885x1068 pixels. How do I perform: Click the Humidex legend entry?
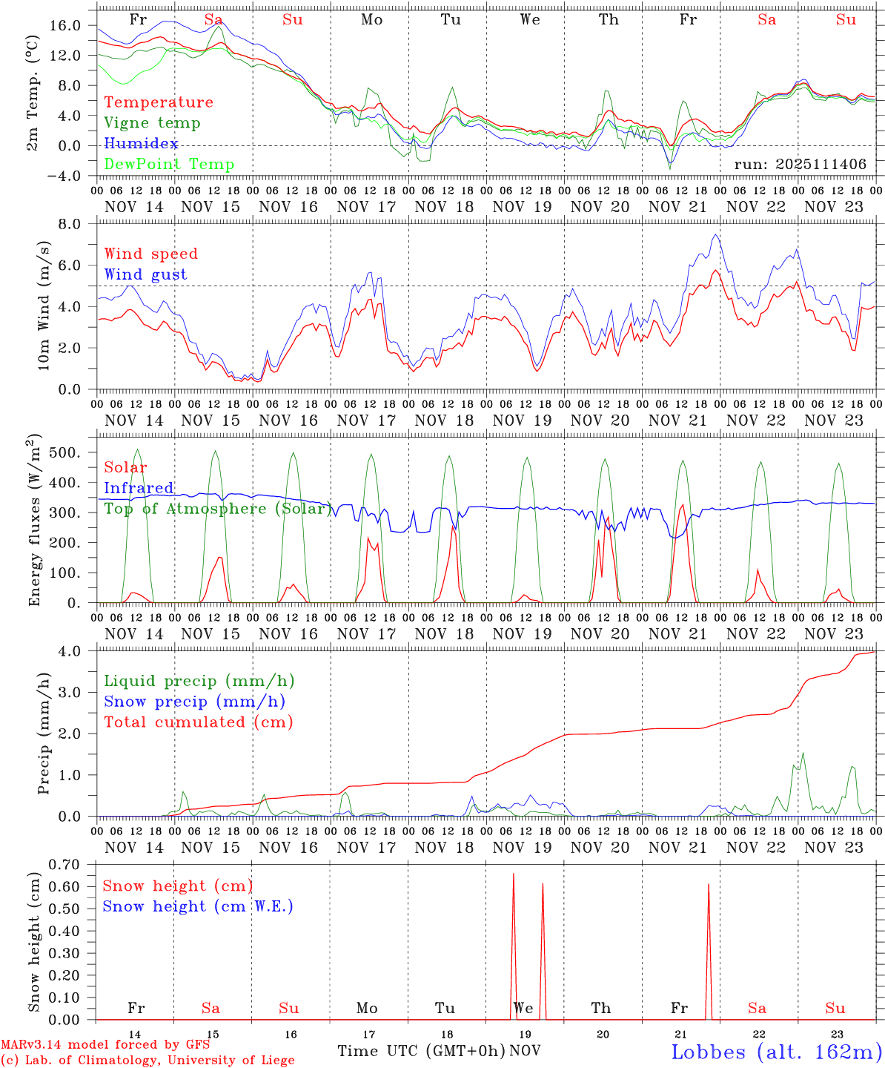coord(141,143)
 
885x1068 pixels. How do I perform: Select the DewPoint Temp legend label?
coord(169,164)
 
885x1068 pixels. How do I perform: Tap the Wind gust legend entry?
coord(145,274)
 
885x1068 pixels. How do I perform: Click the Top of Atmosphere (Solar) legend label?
coord(218,509)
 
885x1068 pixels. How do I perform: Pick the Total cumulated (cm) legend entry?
coord(198,722)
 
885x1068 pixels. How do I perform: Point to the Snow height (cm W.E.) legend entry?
coord(198,906)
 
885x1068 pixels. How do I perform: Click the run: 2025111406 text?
coord(800,164)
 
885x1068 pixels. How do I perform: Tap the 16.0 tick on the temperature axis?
coord(64,25)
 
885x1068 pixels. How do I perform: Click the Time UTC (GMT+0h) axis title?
coord(421,1051)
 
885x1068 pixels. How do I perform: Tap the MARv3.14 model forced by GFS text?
coord(105,1044)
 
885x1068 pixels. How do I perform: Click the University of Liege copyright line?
coord(147,1060)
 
